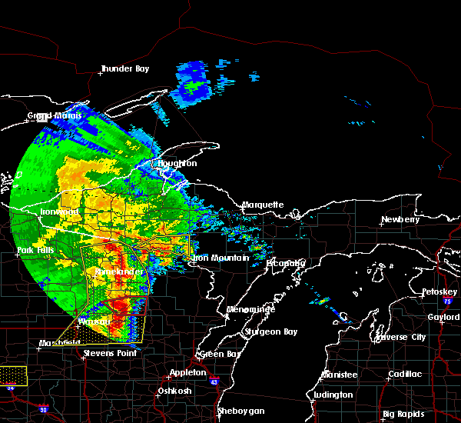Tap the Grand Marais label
51,116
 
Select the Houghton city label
177,164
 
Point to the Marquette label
263,205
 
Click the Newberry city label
400,220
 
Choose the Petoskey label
439,292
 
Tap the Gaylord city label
443,317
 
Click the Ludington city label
333,395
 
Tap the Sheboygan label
240,411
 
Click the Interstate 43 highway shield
214,381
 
